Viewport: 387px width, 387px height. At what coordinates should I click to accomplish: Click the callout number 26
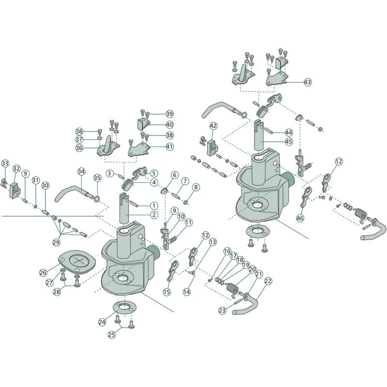pyautogui.click(x=43, y=272)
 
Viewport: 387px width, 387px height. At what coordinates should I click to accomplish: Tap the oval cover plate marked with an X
pyautogui.click(x=74, y=262)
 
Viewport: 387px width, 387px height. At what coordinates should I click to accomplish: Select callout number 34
pyautogui.click(x=81, y=171)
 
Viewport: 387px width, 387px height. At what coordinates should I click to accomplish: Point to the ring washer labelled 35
pyautogui.click(x=97, y=198)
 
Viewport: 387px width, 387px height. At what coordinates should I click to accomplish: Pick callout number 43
pyautogui.click(x=308, y=82)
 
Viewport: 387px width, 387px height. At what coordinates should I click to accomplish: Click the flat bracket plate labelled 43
pyautogui.click(x=276, y=78)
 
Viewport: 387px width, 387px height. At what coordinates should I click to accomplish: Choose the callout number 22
pyautogui.click(x=268, y=281)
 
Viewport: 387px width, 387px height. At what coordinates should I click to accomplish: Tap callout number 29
pyautogui.click(x=56, y=242)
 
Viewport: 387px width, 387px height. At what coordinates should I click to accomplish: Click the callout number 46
pyautogui.click(x=300, y=218)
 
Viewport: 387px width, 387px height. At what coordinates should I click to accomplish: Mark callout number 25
pyautogui.click(x=112, y=335)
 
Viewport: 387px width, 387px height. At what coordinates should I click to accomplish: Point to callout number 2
pyautogui.click(x=154, y=214)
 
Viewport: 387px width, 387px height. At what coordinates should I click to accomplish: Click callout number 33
pyautogui.click(x=5, y=163)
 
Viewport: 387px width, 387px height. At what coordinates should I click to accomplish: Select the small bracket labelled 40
pyautogui.click(x=143, y=124)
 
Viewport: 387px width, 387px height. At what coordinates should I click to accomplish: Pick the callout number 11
pyautogui.click(x=189, y=222)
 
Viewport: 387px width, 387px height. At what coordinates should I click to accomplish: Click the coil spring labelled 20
pyautogui.click(x=232, y=289)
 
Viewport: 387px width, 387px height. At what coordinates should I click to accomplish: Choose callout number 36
pyautogui.click(x=79, y=148)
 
